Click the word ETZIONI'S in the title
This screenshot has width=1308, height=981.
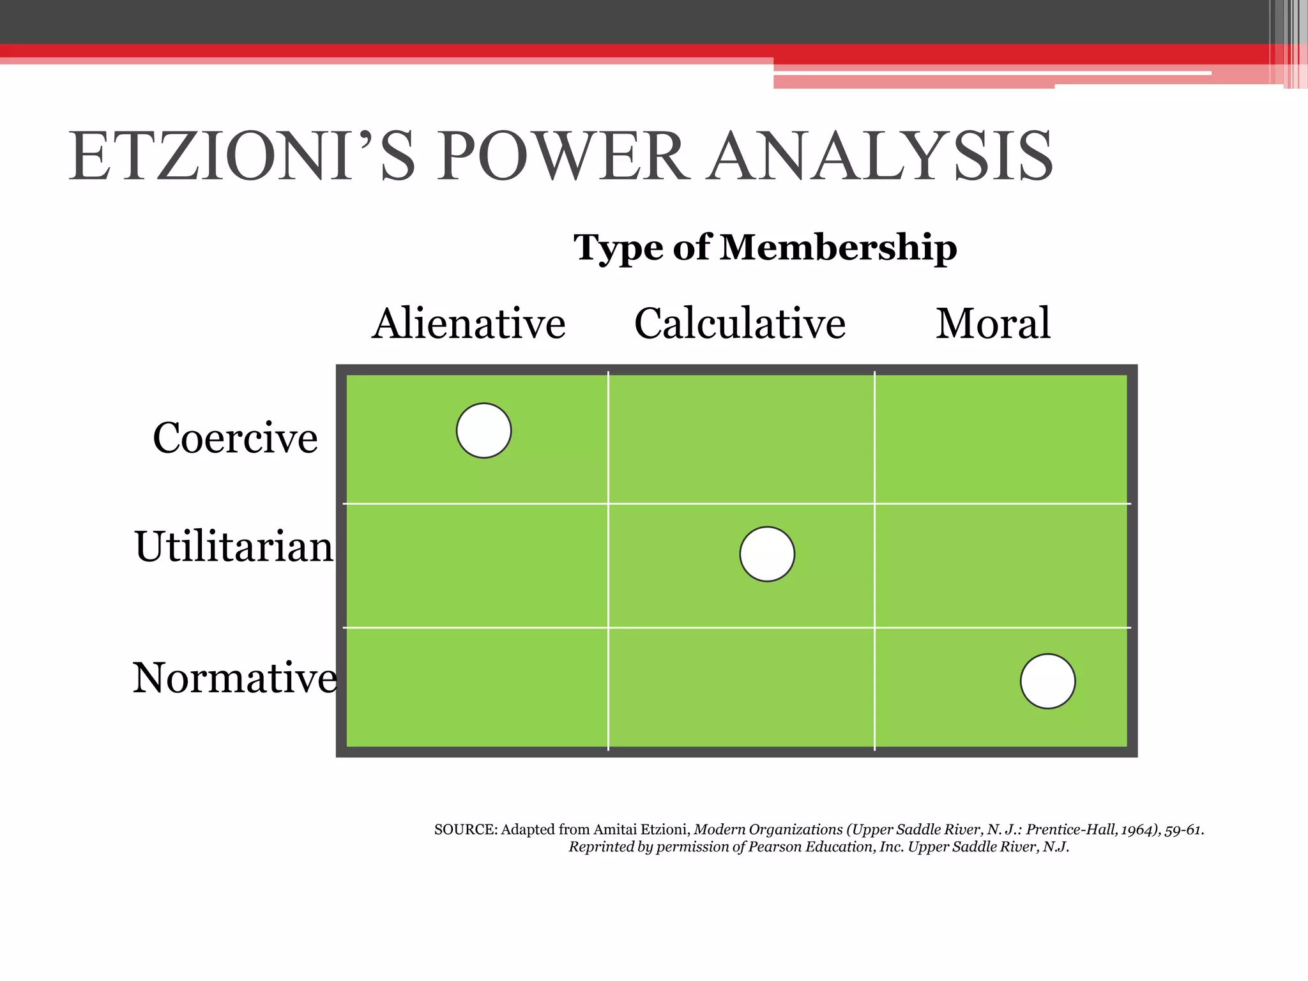[x=243, y=156]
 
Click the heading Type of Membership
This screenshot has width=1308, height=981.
[x=765, y=247]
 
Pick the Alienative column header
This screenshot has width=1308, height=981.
[x=469, y=323]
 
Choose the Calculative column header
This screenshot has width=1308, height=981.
[x=740, y=323]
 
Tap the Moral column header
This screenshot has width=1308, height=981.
[x=993, y=323]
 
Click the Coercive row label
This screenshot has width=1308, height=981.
[x=235, y=438]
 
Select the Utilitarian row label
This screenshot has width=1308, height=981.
[x=234, y=547]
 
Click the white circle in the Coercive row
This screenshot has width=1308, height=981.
[x=484, y=430]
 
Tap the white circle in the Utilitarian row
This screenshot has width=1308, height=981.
[x=767, y=554]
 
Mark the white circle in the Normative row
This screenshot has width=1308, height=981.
[x=1047, y=681]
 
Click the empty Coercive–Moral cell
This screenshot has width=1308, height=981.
[x=1001, y=438]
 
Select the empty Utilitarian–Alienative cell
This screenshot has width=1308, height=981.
[x=476, y=565]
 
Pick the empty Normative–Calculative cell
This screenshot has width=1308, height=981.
[x=741, y=687]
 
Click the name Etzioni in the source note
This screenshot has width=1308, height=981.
[x=664, y=830]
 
